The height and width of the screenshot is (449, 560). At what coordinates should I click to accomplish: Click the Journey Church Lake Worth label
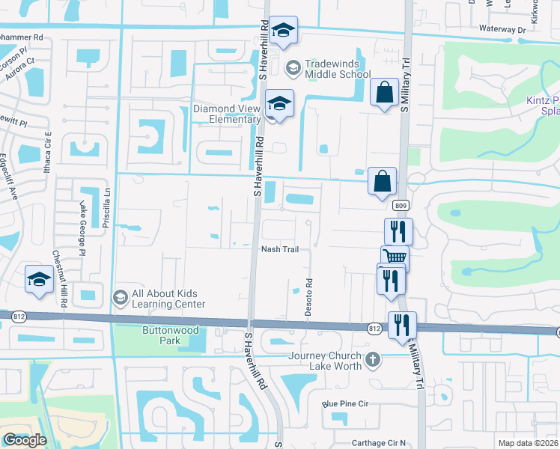pyautogui.click(x=327, y=361)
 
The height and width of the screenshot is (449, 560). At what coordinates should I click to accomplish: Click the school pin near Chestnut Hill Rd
pyautogui.click(x=39, y=281)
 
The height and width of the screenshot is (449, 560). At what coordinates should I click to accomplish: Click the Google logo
pyautogui.click(x=25, y=440)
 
